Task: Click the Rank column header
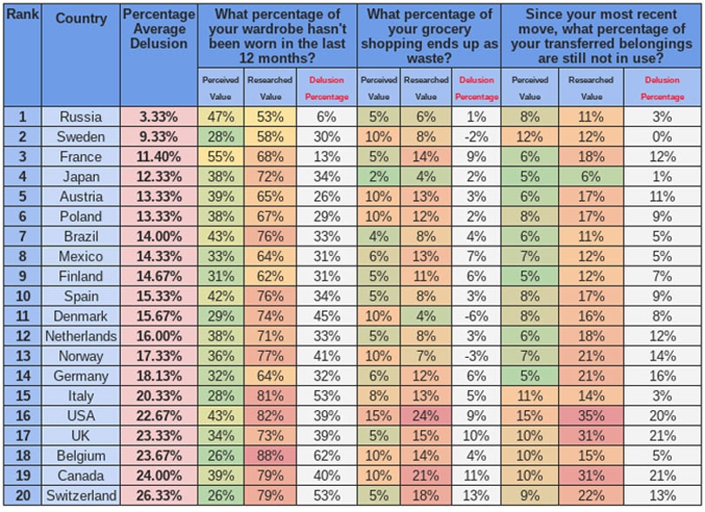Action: (22, 18)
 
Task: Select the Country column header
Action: (81, 18)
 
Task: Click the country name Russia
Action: (81, 117)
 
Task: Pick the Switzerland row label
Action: (81, 495)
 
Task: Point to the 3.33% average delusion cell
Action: (158, 117)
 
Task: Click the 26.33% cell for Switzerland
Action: (158, 495)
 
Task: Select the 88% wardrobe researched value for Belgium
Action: (270, 455)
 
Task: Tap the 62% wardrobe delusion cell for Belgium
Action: (326, 455)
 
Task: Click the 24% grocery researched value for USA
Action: (426, 416)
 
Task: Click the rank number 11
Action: (22, 316)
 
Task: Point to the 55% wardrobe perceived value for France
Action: (220, 157)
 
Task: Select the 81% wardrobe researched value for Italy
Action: (270, 396)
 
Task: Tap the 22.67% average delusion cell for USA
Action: (158, 416)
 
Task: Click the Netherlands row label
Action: (81, 336)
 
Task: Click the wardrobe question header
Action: (277, 36)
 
